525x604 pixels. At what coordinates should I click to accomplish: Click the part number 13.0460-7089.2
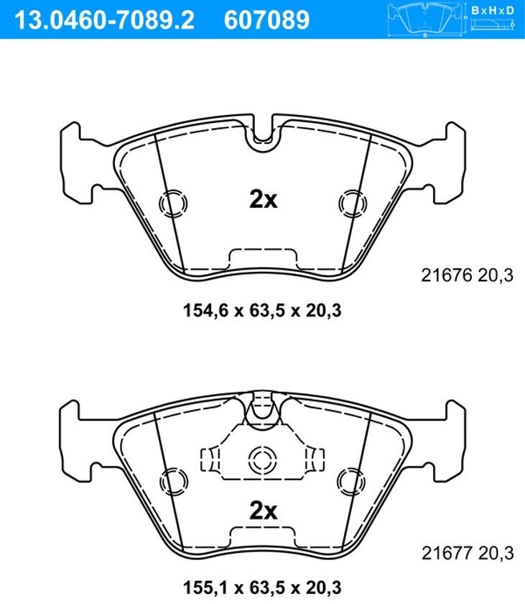[x=104, y=19]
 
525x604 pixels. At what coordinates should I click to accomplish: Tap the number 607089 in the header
[x=266, y=19]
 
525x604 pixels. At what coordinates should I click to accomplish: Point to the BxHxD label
[x=492, y=10]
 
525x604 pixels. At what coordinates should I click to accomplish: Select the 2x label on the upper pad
[x=264, y=200]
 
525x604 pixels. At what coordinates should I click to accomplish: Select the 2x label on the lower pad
[x=264, y=511]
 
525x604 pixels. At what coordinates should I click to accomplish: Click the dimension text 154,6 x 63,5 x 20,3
[x=262, y=310]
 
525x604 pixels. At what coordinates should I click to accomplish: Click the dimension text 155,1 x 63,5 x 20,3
[x=262, y=587]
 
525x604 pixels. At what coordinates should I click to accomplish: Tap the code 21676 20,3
[x=468, y=275]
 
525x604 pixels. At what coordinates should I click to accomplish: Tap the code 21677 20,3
[x=468, y=553]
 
